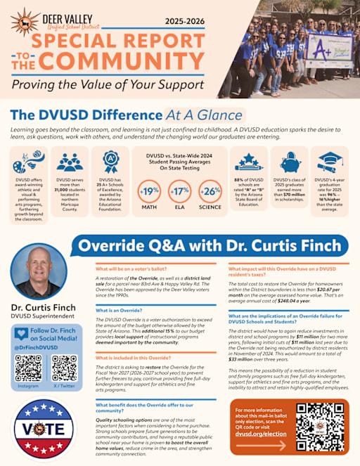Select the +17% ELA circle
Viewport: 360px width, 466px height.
(x=179, y=190)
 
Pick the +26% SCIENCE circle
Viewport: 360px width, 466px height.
(x=210, y=190)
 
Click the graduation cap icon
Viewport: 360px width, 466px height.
(x=330, y=160)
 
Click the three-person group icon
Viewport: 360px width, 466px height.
(x=70, y=162)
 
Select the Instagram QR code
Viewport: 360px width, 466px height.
(x=28, y=368)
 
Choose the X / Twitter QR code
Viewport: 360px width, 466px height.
(x=64, y=368)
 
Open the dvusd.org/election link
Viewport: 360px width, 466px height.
(x=261, y=434)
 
